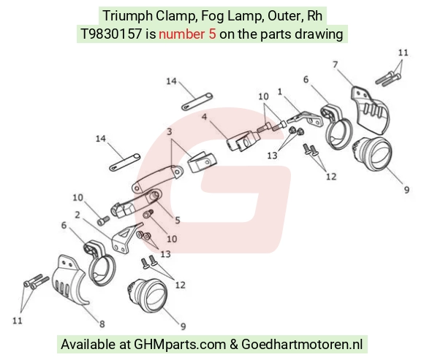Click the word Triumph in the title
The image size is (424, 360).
pyautogui.click(x=128, y=15)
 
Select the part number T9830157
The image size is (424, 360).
pyautogui.click(x=111, y=34)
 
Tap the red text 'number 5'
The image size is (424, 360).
pyautogui.click(x=187, y=34)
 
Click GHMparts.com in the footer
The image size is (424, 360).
pyautogui.click(x=180, y=345)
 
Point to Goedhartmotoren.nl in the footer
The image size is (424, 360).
pyautogui.click(x=302, y=345)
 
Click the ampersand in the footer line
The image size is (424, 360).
pyautogui.click(x=233, y=345)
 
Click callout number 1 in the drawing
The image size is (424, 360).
pyautogui.click(x=279, y=92)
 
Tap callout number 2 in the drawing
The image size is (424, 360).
pyautogui.click(x=77, y=215)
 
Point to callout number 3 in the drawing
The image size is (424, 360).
pyautogui.click(x=170, y=131)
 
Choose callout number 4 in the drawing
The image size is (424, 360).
pyautogui.click(x=204, y=117)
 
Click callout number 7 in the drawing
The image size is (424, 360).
pyautogui.click(x=336, y=65)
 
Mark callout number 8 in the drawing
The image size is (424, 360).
pyautogui.click(x=102, y=323)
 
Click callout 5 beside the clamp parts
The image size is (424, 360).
pyautogui.click(x=178, y=220)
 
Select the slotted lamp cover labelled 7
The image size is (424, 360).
pyautogui.click(x=370, y=110)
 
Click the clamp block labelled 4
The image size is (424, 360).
pyautogui.click(x=243, y=140)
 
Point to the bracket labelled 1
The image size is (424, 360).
pyautogui.click(x=306, y=119)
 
